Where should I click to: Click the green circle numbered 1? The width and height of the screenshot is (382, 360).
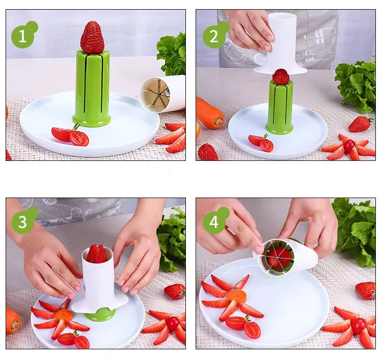(x=22, y=36)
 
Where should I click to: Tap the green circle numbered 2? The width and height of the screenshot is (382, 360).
(x=214, y=36)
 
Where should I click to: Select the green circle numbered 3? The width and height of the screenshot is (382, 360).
(x=22, y=222)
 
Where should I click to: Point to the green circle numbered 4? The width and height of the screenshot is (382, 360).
(x=214, y=222)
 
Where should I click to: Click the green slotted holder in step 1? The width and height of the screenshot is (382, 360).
(x=92, y=88)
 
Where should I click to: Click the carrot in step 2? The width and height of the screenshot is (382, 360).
(x=210, y=113)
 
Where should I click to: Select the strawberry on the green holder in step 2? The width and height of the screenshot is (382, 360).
(x=281, y=76)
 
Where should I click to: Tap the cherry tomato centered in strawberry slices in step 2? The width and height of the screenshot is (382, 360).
(x=349, y=146)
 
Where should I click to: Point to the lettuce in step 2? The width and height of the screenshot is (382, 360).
(x=356, y=85)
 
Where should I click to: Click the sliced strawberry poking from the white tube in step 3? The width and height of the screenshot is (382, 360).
(x=96, y=254)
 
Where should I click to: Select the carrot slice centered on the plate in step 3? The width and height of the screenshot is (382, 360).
(x=64, y=315)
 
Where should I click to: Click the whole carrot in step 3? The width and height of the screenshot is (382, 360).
(x=13, y=320)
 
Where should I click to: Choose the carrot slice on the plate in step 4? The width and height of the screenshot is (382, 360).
(x=236, y=296)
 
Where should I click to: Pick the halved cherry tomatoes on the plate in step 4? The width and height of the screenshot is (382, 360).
(x=243, y=326)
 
